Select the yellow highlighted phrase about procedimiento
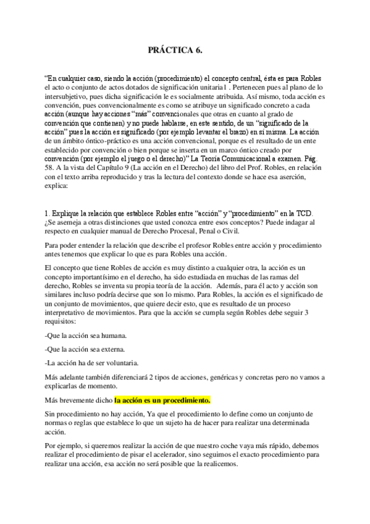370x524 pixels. coord(163,400)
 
